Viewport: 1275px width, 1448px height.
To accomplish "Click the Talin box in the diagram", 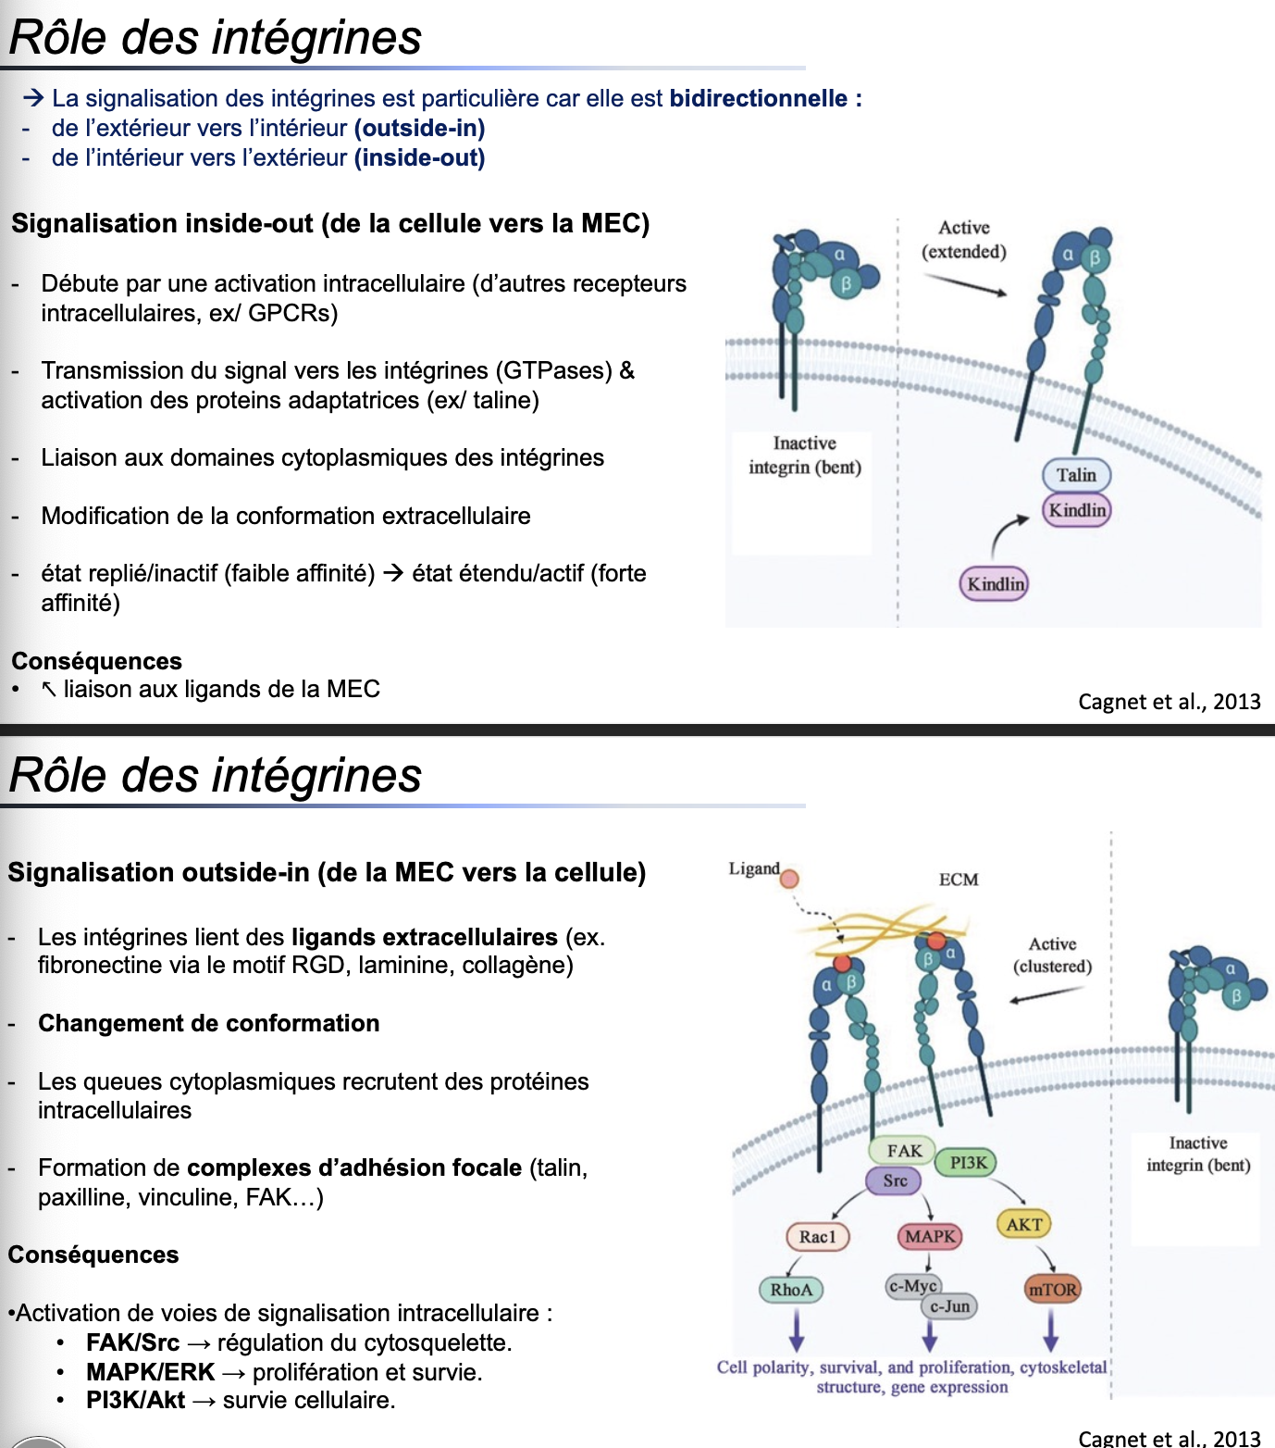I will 1076,475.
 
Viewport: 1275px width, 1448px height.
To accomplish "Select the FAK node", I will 904,1151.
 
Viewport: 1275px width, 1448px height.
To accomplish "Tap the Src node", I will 895,1180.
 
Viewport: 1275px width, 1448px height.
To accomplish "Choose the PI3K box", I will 968,1163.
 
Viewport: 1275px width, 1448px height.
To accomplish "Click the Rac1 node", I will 817,1237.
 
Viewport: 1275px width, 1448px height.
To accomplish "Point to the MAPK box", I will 930,1237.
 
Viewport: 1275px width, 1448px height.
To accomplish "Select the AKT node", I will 1024,1225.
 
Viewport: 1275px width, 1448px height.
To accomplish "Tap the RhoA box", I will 791,1290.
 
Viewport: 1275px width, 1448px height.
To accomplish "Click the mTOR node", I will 1053,1290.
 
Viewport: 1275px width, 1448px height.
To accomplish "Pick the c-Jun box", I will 950,1307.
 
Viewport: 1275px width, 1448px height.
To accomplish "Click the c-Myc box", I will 912,1286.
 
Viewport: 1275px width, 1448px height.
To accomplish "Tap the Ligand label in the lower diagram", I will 753,869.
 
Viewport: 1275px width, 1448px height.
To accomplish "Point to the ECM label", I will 959,880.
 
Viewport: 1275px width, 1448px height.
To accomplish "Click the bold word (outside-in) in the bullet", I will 419,128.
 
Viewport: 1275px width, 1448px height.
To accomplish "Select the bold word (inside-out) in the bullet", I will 419,157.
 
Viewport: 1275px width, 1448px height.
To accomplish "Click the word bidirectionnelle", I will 759,98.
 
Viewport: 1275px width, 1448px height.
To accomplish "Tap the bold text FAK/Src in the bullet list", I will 132,1342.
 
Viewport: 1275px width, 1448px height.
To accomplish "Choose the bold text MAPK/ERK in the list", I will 150,1372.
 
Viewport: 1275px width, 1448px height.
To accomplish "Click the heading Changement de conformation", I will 208,1023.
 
